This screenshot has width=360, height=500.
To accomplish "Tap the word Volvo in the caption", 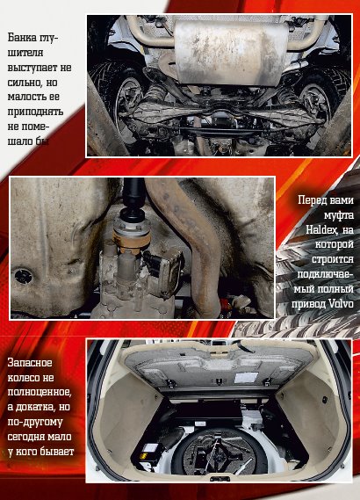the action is tap(341, 303).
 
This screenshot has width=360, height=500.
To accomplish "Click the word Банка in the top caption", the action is tap(22, 38).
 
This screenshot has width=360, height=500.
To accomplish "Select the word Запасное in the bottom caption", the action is tap(30, 363).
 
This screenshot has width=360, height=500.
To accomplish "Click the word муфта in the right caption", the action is tap(339, 215).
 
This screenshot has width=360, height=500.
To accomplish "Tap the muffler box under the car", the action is tap(231, 53).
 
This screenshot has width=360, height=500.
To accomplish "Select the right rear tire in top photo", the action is tap(321, 92).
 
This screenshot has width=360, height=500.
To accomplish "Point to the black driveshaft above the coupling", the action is tap(133, 194).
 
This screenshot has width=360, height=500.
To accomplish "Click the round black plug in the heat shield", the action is tap(23, 276).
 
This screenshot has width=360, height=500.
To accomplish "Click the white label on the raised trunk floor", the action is tap(246, 377).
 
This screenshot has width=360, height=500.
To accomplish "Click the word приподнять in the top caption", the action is tap(35, 112).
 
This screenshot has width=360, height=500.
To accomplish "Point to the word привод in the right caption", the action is tap(308, 304).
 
